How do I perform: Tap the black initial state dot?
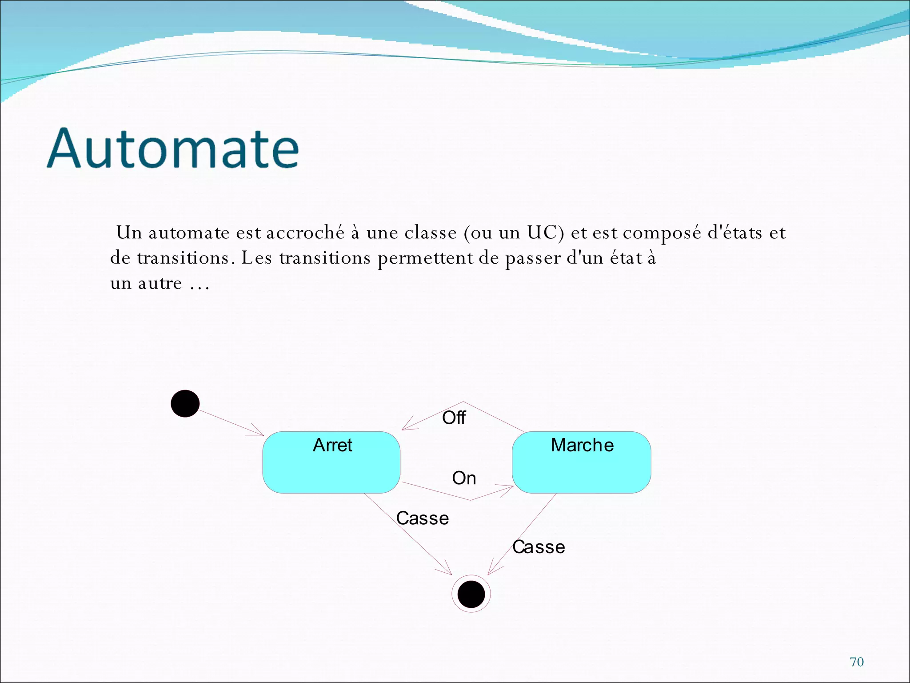(185, 404)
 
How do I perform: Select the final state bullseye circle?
(471, 594)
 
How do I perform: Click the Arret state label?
(332, 445)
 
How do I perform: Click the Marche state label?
(582, 445)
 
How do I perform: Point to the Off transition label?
(454, 418)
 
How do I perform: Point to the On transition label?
(464, 478)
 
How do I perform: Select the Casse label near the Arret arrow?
(422, 518)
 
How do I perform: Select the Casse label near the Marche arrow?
(539, 547)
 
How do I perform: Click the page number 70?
(857, 662)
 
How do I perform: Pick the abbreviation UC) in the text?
(545, 233)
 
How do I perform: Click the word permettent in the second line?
(425, 258)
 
